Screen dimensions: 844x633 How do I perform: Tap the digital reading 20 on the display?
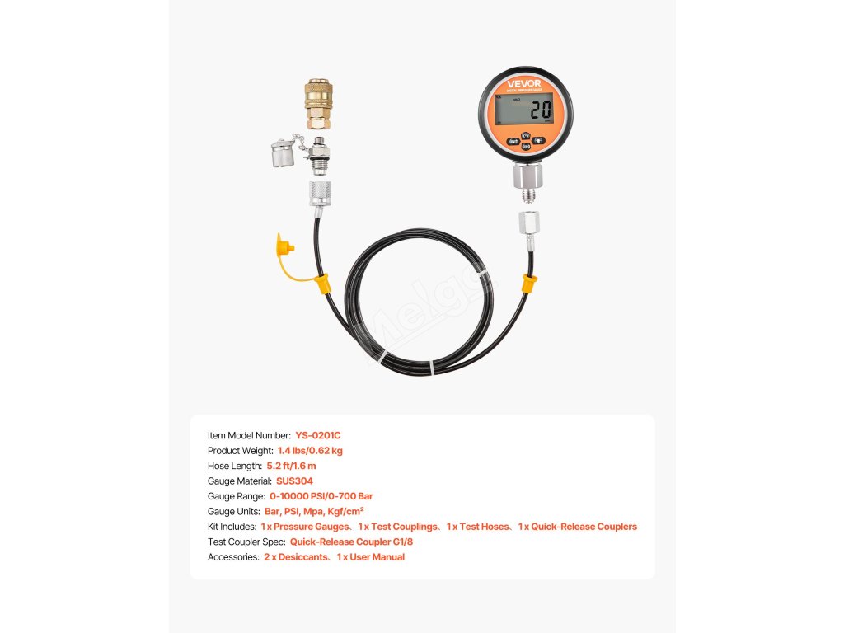[x=541, y=110]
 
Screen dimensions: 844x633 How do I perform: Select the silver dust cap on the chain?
[x=284, y=154]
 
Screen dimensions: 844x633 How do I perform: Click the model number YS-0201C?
[x=317, y=435]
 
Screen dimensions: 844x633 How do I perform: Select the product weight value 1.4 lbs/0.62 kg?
[x=310, y=451]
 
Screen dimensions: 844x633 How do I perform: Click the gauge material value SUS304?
[x=294, y=481]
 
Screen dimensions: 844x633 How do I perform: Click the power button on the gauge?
[x=525, y=138]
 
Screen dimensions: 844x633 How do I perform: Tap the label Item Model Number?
[x=249, y=435]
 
